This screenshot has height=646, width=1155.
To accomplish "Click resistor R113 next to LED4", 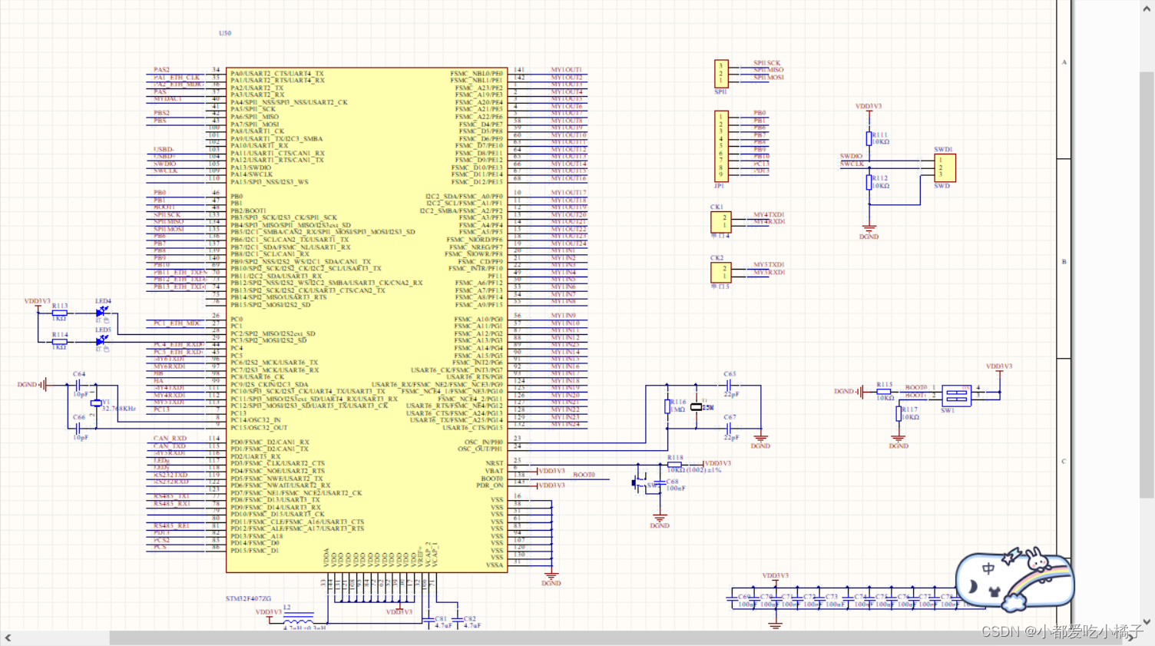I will pos(59,313).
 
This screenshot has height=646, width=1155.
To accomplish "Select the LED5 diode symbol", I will pos(101,340).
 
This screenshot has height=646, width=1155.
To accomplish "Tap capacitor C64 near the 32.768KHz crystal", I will pos(78,385).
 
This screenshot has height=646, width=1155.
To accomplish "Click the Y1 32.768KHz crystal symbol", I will pos(95,403).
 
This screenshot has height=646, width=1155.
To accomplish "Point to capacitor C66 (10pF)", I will pos(78,428).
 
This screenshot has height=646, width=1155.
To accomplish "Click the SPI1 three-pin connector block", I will pos(721,74).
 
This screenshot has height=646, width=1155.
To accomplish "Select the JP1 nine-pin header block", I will pos(721,145).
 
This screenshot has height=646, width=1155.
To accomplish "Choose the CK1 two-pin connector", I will pos(720,221).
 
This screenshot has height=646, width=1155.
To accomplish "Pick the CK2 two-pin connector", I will pos(720,272).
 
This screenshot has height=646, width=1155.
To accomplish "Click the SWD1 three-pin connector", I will pos(945,167).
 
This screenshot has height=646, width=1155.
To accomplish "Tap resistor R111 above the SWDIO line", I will pos(869,138).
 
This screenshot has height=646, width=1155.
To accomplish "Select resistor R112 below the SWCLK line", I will pos(869,182).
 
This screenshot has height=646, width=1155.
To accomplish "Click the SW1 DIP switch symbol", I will pos(956,396).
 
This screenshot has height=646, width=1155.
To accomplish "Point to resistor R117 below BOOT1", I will pos(899,413).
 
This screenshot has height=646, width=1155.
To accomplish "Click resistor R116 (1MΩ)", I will pos(667,406).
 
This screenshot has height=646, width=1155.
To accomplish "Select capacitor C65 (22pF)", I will pos(729,385).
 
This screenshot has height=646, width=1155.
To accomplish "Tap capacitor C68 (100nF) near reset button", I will pos(660,485).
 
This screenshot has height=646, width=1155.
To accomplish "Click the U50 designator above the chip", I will pos(224,33).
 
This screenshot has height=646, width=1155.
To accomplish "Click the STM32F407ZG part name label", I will pos(248,598).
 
